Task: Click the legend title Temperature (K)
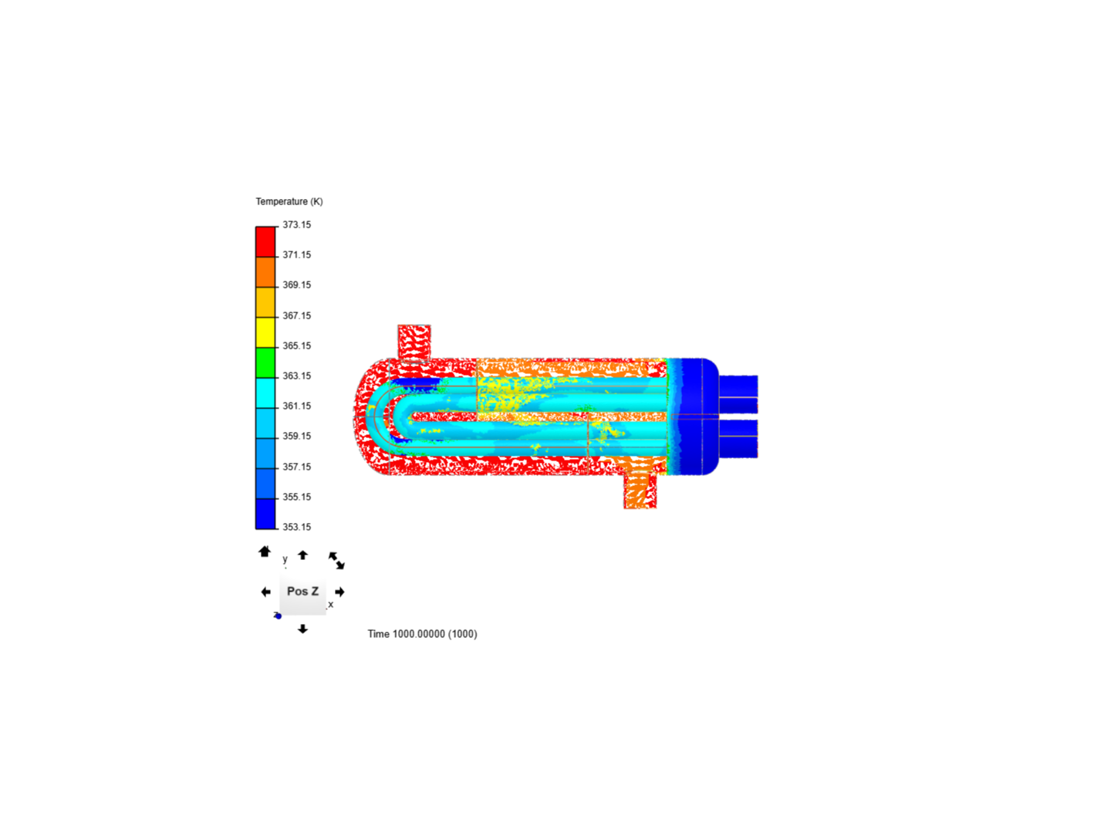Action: pyautogui.click(x=289, y=201)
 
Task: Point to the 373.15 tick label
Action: pyautogui.click(x=296, y=224)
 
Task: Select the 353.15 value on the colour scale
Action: pyautogui.click(x=296, y=527)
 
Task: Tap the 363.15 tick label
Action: pyautogui.click(x=296, y=376)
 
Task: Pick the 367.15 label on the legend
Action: pyautogui.click(x=296, y=315)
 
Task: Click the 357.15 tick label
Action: pyautogui.click(x=296, y=467)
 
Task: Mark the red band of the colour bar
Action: pyautogui.click(x=265, y=241)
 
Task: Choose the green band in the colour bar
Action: pyautogui.click(x=265, y=363)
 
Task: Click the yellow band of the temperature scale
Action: pyautogui.click(x=265, y=332)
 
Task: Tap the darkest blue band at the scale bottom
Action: pyautogui.click(x=265, y=514)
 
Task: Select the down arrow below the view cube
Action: pyautogui.click(x=302, y=629)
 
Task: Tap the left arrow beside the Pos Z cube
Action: pyautogui.click(x=266, y=592)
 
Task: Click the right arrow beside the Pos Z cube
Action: pyautogui.click(x=339, y=592)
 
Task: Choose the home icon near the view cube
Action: pyautogui.click(x=265, y=551)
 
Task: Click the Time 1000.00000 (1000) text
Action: pyautogui.click(x=422, y=634)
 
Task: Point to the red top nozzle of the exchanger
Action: pyautogui.click(x=414, y=342)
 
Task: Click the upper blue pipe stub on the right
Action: pyautogui.click(x=738, y=394)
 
